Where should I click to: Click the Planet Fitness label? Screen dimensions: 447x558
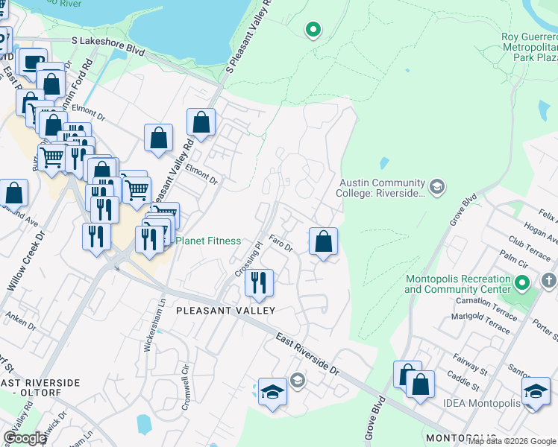click(207, 241)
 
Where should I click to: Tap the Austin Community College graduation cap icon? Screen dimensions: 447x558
click(437, 186)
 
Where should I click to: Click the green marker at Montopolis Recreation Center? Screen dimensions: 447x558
click(522, 283)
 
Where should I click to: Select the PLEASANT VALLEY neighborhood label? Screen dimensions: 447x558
click(226, 310)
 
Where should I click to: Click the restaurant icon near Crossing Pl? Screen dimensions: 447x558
click(259, 283)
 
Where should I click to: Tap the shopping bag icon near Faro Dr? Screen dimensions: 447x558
click(323, 241)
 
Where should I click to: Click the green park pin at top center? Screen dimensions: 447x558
click(313, 30)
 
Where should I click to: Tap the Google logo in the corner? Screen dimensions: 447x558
click(25, 438)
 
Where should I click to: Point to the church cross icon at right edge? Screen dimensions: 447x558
click(548, 282)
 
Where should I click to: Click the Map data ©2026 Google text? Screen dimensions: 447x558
click(512, 441)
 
